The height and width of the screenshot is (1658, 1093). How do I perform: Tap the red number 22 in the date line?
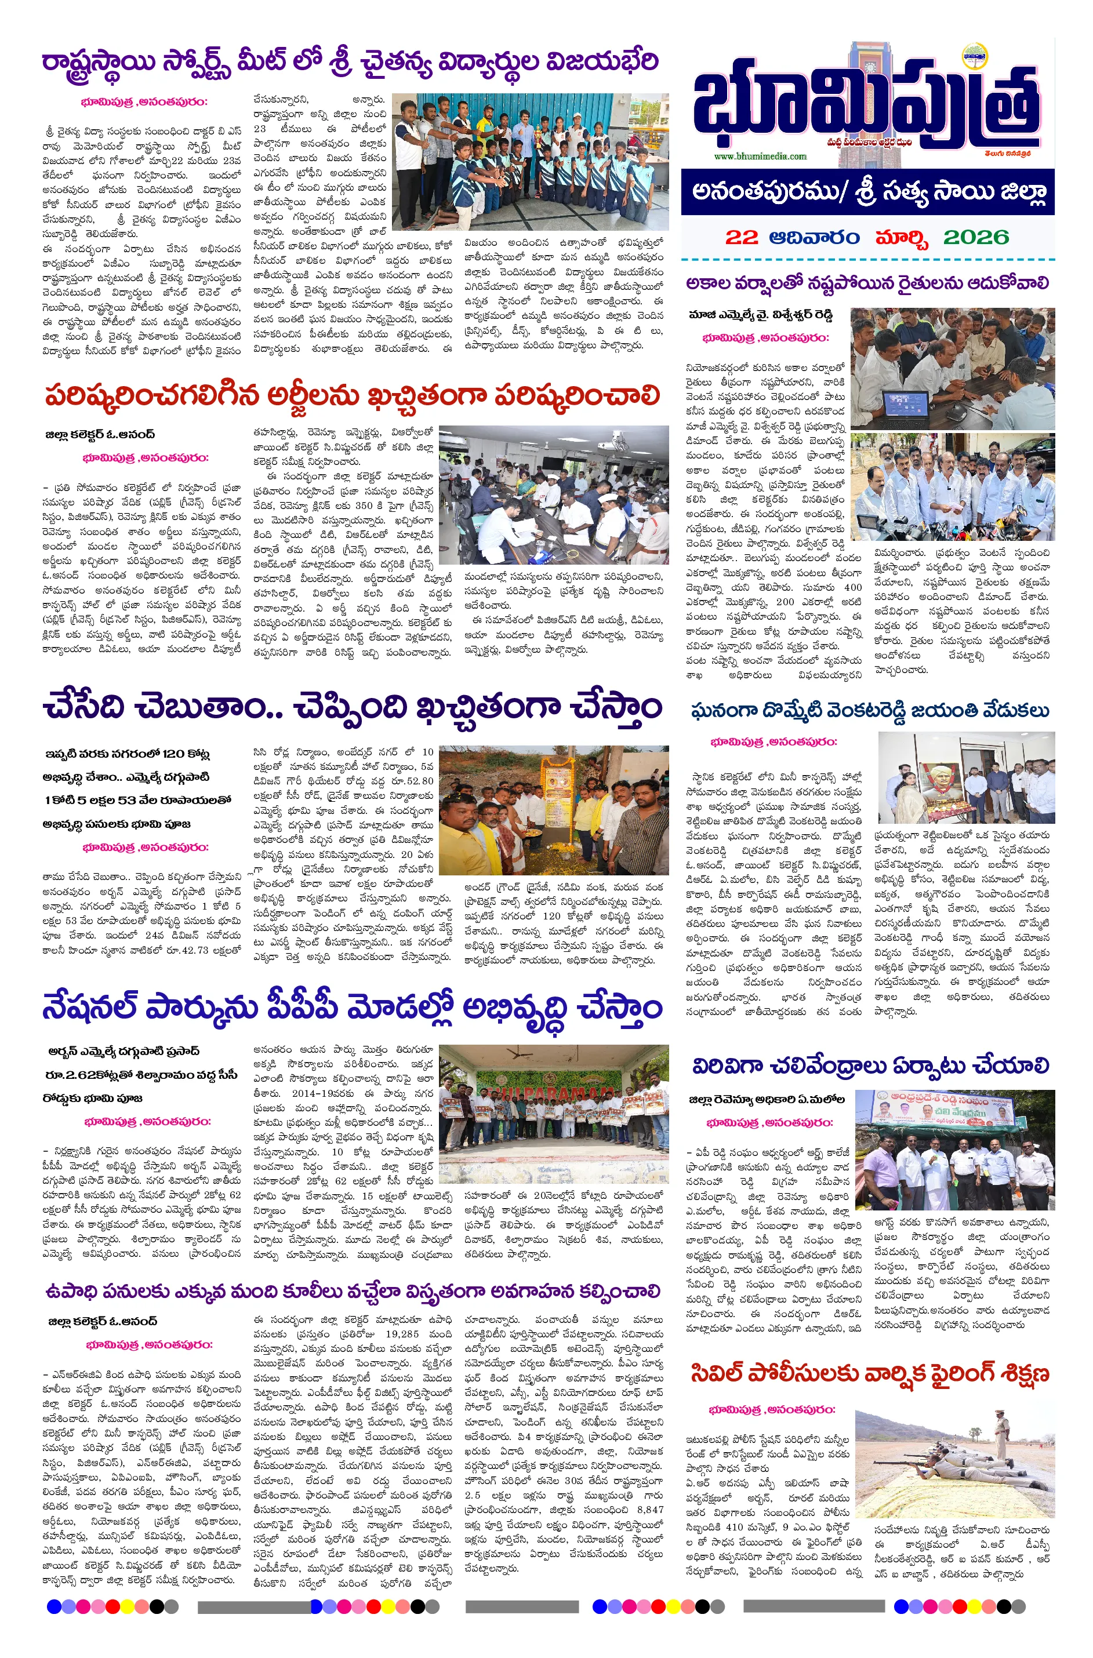coord(741,238)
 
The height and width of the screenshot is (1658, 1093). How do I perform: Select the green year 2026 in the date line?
coord(976,238)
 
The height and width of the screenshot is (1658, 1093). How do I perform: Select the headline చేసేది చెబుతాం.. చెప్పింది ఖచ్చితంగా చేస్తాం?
coord(352,707)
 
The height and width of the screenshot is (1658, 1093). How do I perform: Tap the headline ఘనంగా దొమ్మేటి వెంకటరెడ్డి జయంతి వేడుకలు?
coord(870,711)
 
